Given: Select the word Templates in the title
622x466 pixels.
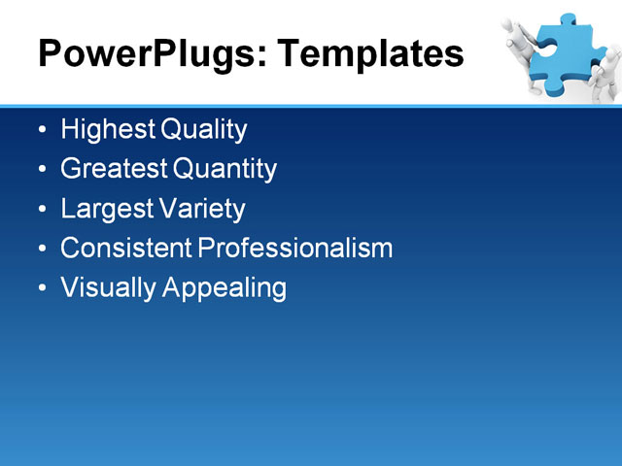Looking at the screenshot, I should [x=370, y=54].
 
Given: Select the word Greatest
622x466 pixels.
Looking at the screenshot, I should [x=113, y=169].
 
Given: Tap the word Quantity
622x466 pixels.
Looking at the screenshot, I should [x=225, y=169].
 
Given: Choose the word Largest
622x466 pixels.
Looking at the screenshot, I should [x=104, y=209].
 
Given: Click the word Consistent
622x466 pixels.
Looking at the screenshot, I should [x=125, y=249].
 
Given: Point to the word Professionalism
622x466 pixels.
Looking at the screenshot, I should [x=294, y=249].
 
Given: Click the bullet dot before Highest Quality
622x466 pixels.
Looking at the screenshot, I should [x=40, y=130].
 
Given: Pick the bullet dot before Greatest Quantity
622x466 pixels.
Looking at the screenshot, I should [x=40, y=170].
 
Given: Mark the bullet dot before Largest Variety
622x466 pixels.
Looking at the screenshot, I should [x=40, y=210].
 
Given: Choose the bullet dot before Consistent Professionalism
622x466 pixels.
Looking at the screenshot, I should [x=40, y=250].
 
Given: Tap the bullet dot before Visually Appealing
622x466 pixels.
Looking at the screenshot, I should [x=40, y=289].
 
